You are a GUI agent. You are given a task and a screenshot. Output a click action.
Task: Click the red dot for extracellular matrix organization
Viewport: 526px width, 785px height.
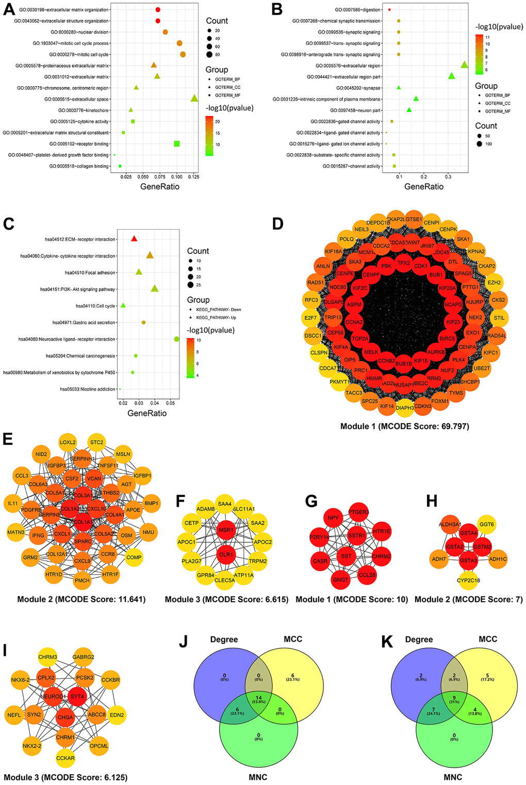[158, 10]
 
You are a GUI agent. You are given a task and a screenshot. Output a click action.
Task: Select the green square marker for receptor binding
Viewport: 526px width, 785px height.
[177, 143]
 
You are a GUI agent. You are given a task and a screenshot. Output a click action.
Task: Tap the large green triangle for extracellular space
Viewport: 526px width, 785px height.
[194, 99]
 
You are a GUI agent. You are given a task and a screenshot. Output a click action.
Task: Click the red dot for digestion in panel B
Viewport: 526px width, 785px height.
[390, 10]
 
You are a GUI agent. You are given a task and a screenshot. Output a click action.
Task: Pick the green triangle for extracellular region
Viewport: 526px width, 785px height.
[464, 65]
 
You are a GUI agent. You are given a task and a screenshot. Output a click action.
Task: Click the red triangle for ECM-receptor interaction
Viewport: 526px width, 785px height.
[134, 239]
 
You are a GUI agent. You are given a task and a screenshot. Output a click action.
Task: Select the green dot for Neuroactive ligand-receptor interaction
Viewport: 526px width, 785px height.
[177, 339]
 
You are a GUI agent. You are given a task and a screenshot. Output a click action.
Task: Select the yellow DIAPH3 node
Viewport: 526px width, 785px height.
[405, 408]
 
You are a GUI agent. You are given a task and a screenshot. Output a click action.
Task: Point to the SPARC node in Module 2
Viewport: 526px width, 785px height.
[83, 541]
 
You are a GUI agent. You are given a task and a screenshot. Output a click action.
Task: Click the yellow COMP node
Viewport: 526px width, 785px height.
[134, 557]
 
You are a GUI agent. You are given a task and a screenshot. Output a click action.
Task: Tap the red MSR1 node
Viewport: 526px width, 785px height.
[225, 530]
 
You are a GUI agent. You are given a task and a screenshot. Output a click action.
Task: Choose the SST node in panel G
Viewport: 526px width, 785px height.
[346, 556]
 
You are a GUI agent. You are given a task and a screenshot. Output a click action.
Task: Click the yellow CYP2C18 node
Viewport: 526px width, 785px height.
[468, 580]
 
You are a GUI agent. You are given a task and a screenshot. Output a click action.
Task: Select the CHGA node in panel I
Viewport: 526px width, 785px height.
[65, 717]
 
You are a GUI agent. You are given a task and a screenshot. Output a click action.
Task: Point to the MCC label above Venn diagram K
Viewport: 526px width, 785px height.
[487, 639]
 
